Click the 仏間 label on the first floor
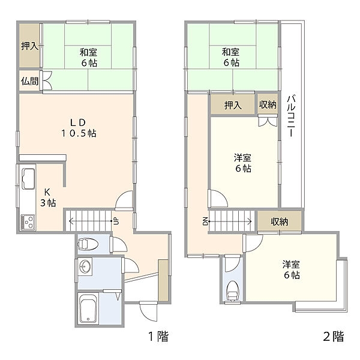point(29,81)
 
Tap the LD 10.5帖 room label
point(79,128)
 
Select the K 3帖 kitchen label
point(48,197)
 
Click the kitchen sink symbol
point(28,179)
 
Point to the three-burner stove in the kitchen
point(28,222)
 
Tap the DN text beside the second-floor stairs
point(205,221)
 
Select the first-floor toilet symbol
point(88,244)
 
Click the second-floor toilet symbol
point(233,290)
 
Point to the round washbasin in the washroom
point(85,267)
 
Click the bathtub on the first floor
point(88,308)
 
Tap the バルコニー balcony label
point(291,116)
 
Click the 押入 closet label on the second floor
point(233,105)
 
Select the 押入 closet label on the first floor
point(29,46)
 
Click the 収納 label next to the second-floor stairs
point(279,221)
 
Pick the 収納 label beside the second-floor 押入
point(268,104)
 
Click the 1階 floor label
point(158,337)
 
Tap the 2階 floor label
point(334,337)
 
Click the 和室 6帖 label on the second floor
point(231,57)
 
